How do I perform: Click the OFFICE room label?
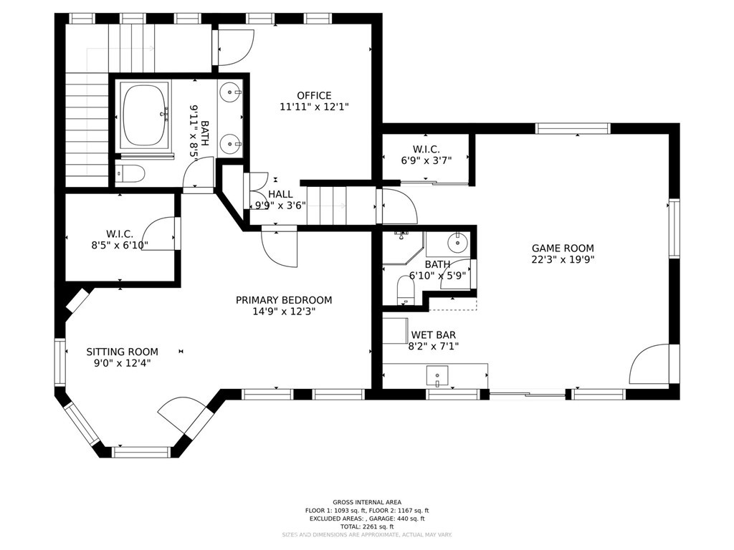click(314, 95)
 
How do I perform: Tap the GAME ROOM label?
click(563, 249)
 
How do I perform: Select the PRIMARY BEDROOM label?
click(284, 300)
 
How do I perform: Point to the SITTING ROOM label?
click(122, 352)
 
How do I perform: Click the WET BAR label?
click(434, 335)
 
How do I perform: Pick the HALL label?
click(280, 194)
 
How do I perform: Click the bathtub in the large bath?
click(145, 115)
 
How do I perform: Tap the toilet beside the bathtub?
click(130, 173)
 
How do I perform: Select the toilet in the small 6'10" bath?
click(406, 289)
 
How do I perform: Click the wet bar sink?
click(437, 375)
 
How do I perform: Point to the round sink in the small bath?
click(457, 243)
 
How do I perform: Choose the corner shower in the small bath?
click(403, 248)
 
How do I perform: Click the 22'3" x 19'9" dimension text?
click(563, 259)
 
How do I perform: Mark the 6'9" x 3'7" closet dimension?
click(426, 161)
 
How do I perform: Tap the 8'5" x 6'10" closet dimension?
click(120, 245)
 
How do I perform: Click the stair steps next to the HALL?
click(327, 206)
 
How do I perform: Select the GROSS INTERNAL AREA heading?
click(367, 502)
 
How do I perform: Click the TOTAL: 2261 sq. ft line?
click(367, 526)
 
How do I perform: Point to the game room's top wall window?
click(573, 129)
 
